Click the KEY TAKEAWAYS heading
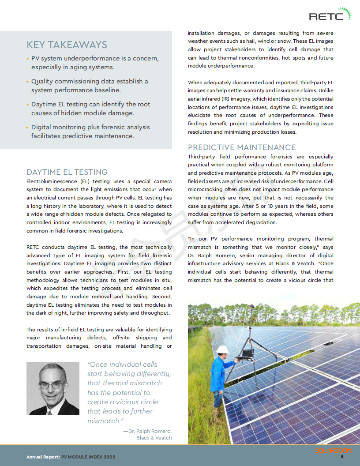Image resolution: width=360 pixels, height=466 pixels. (67, 45)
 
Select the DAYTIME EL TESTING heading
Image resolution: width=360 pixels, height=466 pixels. (67, 172)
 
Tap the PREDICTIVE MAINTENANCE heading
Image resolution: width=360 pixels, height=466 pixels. (242, 147)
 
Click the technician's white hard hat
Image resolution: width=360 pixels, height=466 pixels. (224, 349)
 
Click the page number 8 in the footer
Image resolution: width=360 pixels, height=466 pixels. (342, 457)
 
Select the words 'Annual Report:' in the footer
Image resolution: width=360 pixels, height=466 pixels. (43, 457)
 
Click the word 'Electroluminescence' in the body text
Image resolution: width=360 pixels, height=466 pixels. (52, 181)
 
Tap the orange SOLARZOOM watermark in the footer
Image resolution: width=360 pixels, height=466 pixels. (333, 451)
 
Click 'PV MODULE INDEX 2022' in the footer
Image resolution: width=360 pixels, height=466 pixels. (88, 457)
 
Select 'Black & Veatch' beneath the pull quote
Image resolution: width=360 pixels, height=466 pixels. (154, 438)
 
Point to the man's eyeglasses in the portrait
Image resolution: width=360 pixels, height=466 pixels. (51, 384)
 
